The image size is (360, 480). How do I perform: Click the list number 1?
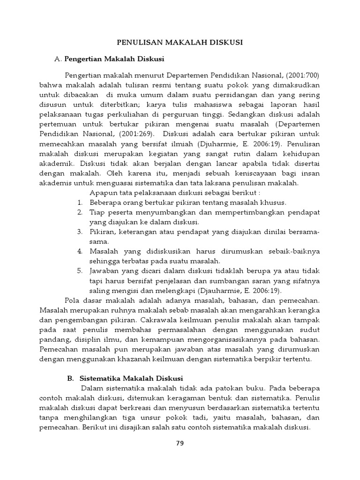point(80,202)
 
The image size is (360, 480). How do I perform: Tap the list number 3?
point(80,232)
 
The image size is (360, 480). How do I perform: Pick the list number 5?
point(80,271)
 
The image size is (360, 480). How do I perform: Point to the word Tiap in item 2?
point(97,212)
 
